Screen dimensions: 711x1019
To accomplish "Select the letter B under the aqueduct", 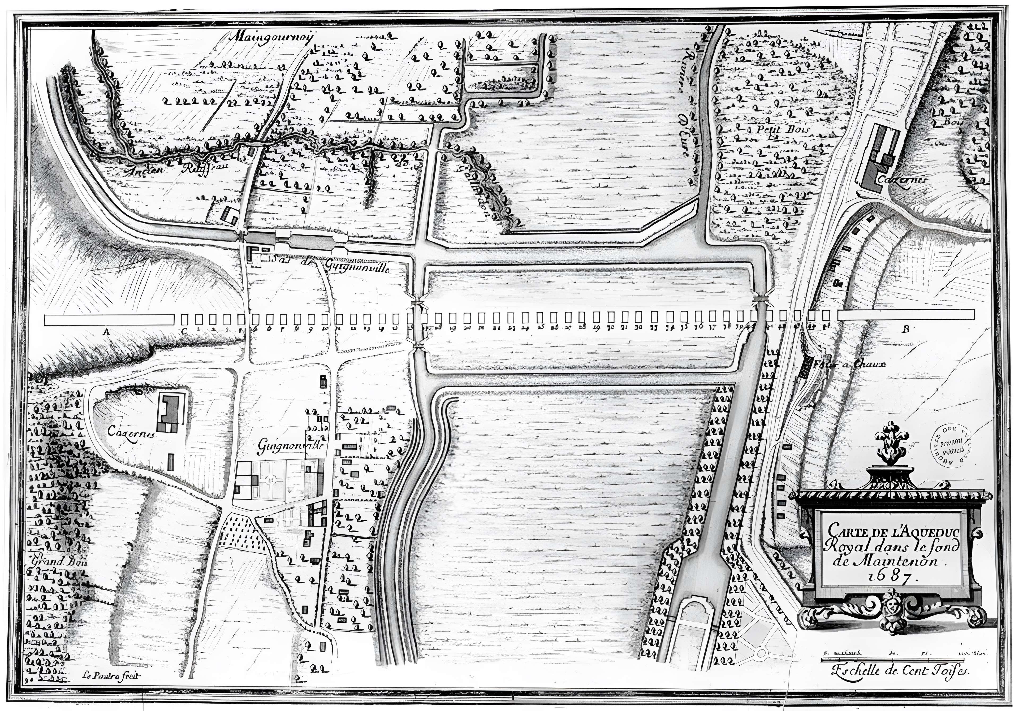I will [905, 329].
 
